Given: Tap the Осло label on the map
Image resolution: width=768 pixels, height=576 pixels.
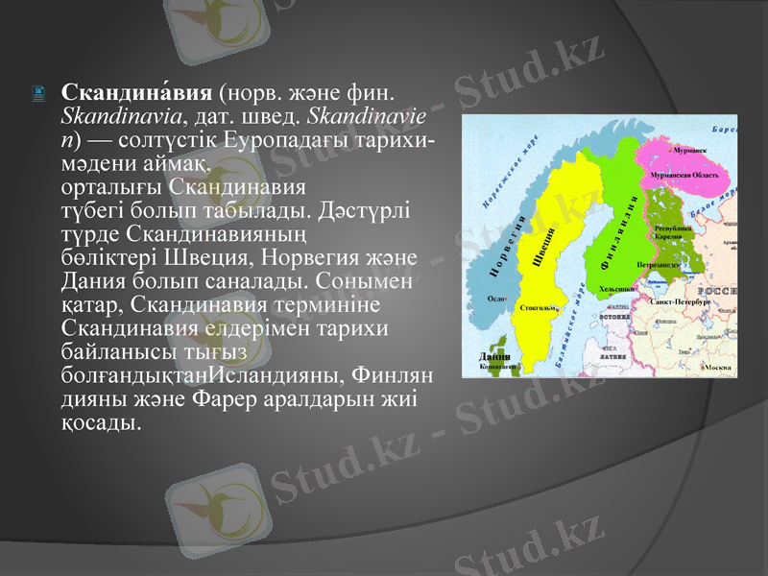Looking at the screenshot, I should point(496,299).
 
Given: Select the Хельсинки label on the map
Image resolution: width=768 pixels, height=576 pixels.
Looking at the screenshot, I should point(615,288).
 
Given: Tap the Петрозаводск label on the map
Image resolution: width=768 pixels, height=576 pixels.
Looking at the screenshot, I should point(657,262).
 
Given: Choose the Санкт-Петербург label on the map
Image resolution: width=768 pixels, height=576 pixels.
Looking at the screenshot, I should point(679,301).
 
